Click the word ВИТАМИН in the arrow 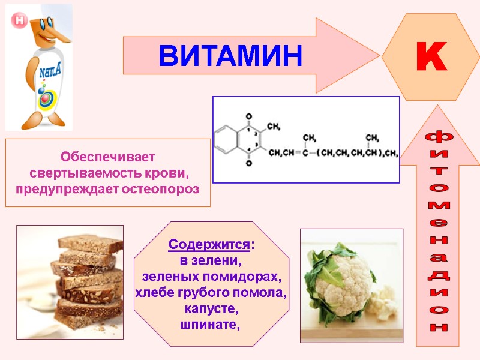[230, 55]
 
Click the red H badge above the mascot [19, 20]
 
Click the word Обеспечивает [107, 157]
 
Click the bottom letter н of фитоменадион [440, 328]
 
